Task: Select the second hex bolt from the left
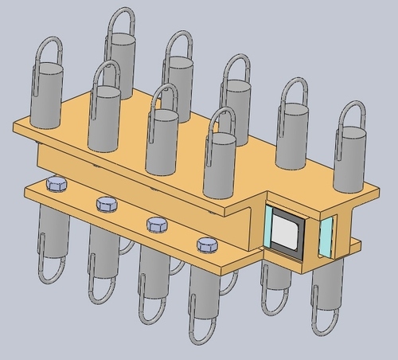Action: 106,205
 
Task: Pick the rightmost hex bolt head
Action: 205,243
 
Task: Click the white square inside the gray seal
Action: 285,234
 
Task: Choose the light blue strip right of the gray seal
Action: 326,237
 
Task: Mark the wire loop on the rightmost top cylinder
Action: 351,119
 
